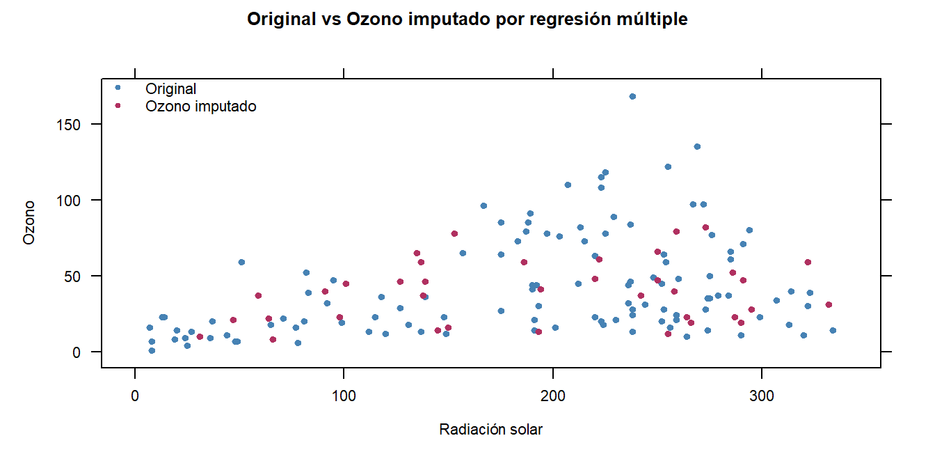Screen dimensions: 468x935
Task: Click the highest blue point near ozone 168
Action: point(632,96)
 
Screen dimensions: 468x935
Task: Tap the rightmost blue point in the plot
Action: point(833,330)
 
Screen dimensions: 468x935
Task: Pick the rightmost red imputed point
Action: point(829,304)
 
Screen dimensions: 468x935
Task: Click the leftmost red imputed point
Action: point(200,336)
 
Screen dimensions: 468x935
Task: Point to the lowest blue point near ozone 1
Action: point(152,350)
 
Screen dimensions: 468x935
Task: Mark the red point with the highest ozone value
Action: point(705,227)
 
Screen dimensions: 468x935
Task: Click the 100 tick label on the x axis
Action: point(344,396)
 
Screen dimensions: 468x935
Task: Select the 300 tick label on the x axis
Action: point(762,396)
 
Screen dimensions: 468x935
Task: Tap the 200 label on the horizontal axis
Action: point(553,396)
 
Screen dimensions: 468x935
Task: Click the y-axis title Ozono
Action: point(29,223)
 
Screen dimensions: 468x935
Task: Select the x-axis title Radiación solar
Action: point(490,430)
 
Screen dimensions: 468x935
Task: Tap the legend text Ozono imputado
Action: point(200,107)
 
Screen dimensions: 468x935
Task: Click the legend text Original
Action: point(170,89)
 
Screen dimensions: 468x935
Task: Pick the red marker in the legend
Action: point(118,106)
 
